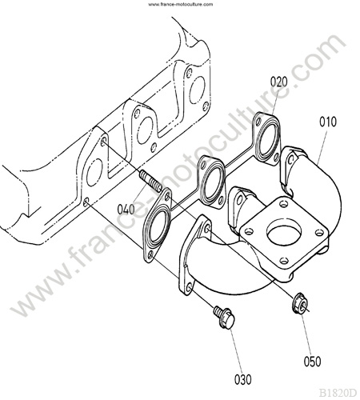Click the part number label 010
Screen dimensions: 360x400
328,122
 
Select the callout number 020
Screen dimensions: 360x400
279,82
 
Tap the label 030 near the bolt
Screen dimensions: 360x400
242,379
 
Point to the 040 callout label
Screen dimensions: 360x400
126,210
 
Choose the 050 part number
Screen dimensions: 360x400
312,362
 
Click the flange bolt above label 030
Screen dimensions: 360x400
224,317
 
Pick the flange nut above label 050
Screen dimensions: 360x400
300,304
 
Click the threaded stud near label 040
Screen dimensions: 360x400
151,180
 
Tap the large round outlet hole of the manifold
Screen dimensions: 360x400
284,234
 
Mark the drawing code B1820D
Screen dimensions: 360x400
338,393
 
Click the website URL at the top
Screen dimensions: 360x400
181,4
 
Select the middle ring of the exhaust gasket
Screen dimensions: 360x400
214,182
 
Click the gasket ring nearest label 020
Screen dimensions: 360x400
267,138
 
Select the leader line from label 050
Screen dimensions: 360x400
306,335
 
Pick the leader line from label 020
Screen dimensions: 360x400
276,102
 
